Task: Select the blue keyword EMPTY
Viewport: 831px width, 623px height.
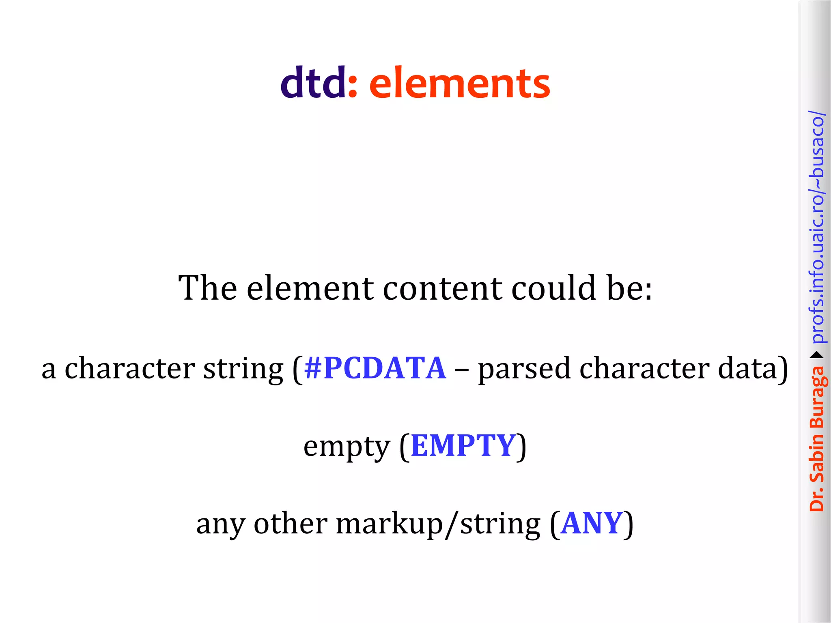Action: (x=463, y=446)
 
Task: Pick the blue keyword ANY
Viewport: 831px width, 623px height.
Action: (x=592, y=523)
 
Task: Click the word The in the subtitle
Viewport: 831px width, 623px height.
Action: (x=207, y=288)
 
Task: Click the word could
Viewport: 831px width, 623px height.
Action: (x=554, y=288)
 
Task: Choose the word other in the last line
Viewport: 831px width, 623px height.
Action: (x=291, y=523)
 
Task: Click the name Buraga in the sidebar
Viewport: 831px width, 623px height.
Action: (x=817, y=397)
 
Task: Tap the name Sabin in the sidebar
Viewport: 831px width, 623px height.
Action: (x=817, y=458)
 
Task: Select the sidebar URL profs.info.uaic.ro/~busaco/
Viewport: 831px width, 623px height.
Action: (x=817, y=227)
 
